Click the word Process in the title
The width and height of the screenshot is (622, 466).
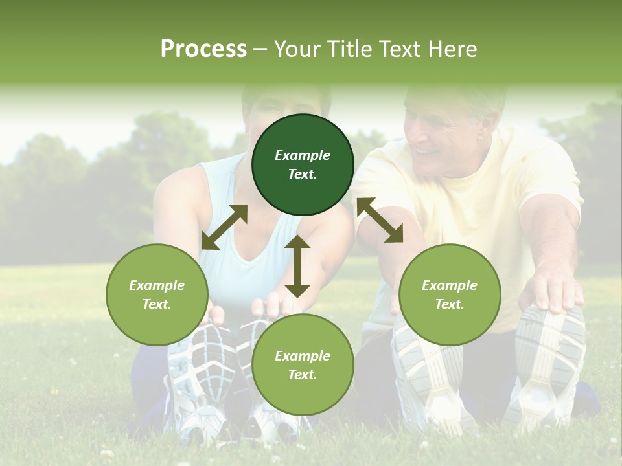(203, 49)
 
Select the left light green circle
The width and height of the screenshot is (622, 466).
(157, 294)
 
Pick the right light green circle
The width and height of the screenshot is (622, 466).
(450, 294)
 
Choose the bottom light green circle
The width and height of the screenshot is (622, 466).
(303, 365)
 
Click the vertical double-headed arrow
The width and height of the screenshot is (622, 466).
(297, 266)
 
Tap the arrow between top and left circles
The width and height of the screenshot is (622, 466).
(224, 227)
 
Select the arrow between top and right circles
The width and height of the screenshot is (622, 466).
(380, 220)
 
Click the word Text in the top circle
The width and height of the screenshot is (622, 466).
(303, 174)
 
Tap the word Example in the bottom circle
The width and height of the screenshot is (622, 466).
(303, 355)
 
